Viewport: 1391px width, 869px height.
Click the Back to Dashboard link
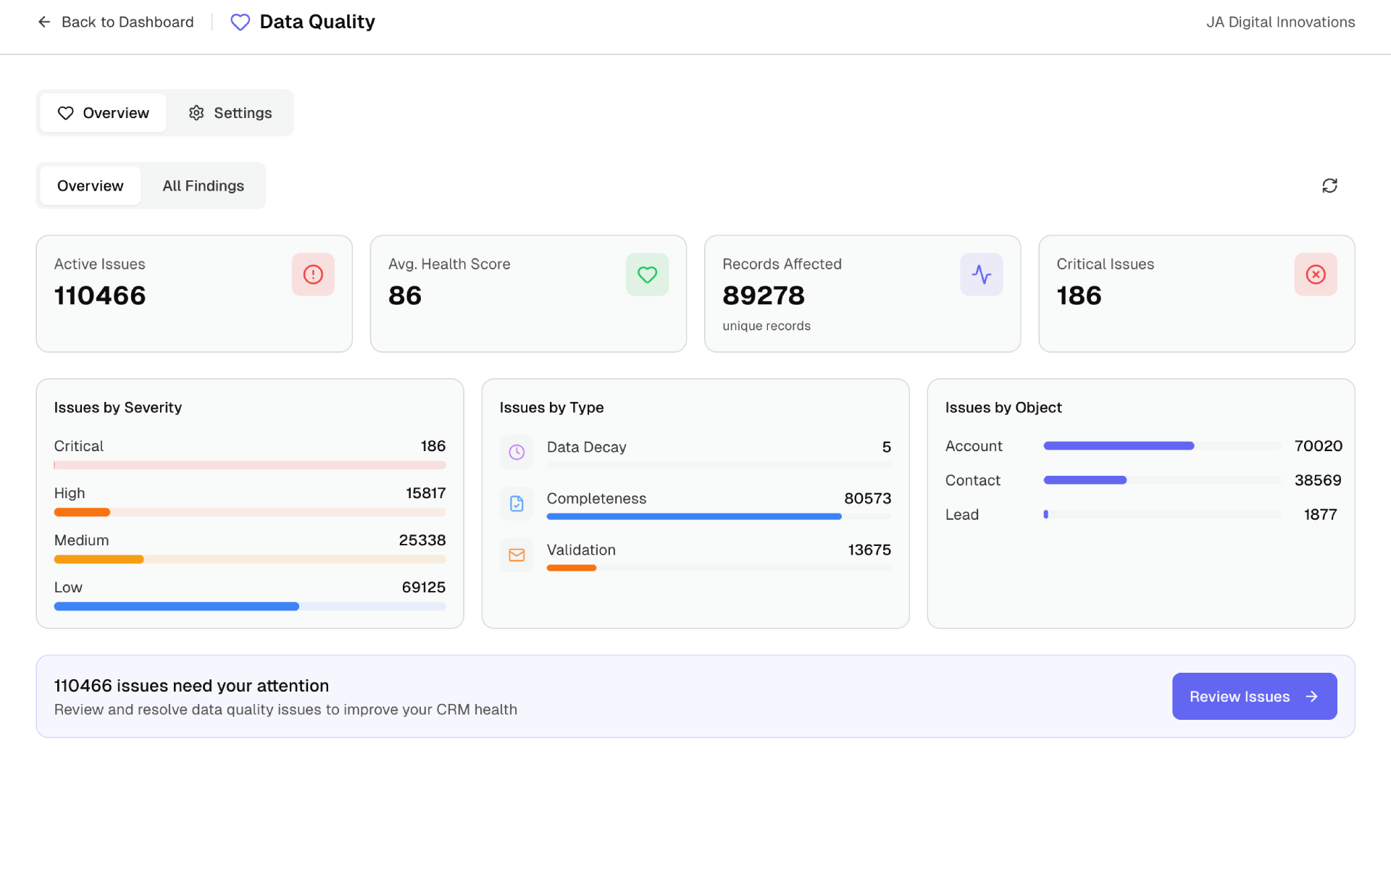116,22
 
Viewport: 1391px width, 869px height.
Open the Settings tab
230,113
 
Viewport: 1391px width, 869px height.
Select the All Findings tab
203,186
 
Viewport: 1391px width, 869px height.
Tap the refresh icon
1329,186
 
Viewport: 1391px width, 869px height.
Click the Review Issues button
1254,696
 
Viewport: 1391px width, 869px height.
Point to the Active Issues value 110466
100,295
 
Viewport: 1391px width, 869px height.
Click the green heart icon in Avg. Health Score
647,274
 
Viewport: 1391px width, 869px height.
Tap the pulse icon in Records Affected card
981,274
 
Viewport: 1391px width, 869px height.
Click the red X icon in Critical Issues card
1315,274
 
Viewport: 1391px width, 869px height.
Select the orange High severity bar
82,512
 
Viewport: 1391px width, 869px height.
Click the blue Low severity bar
176,606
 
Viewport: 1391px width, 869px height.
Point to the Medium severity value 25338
422,540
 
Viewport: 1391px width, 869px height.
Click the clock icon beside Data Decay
517,452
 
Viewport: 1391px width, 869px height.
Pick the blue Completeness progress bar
693,516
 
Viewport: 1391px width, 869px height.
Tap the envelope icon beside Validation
517,555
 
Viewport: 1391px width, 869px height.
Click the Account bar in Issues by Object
1118,446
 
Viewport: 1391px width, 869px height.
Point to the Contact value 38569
1317,480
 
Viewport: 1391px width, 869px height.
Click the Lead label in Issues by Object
961,514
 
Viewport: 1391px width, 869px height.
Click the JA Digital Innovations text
1280,22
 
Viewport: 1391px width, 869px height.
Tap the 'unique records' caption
766,326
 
